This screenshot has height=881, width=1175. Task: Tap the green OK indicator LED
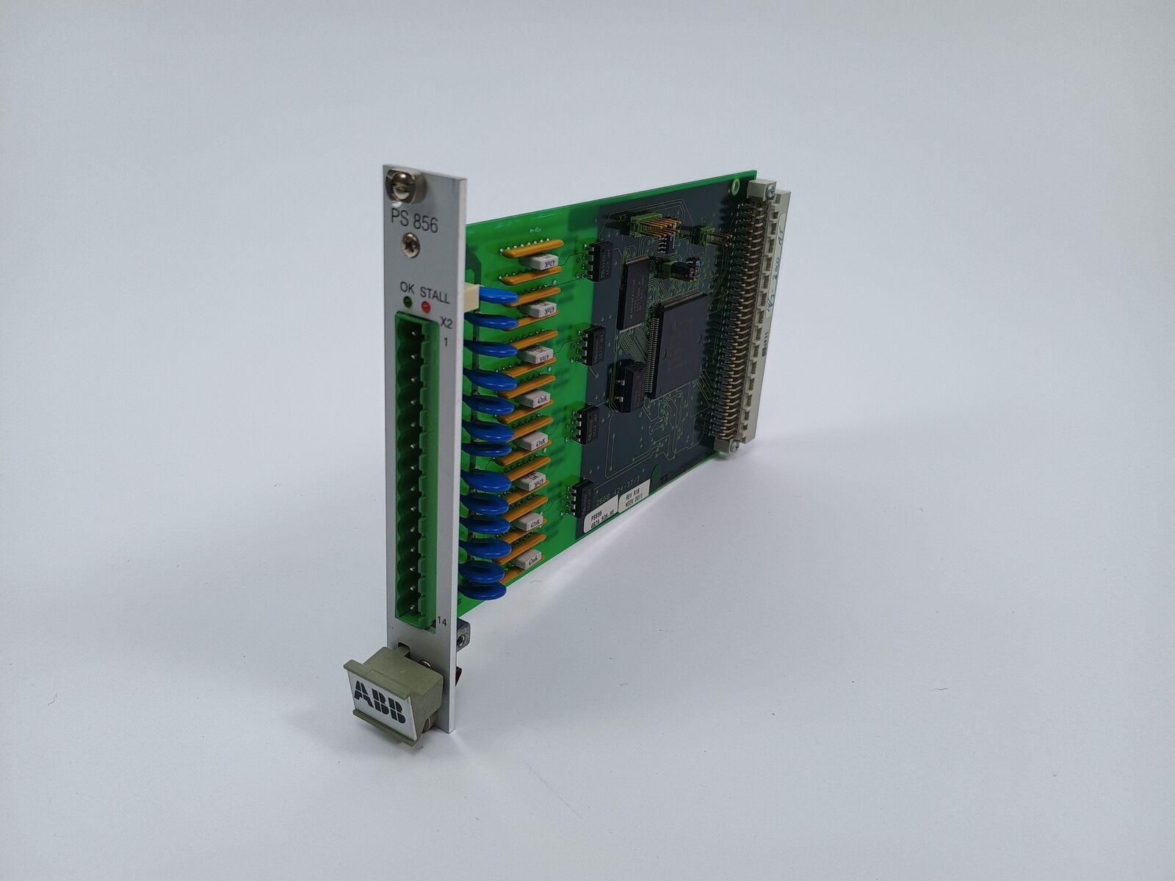(405, 302)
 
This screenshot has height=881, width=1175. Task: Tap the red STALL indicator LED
(424, 305)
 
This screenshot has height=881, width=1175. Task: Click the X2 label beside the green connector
(446, 323)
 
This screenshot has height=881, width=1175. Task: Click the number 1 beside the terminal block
(445, 341)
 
